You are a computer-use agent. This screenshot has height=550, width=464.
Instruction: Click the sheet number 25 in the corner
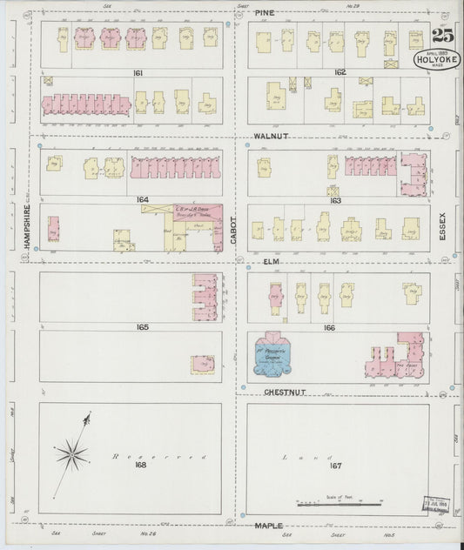(x=442, y=36)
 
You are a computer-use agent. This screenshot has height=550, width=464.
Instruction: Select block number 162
(x=340, y=73)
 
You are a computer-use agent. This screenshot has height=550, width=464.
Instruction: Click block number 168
(x=142, y=465)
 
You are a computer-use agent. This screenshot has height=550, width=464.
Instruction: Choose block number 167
(x=336, y=466)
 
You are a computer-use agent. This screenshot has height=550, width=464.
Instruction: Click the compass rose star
(x=71, y=453)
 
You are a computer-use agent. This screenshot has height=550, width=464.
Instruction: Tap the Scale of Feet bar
(x=339, y=504)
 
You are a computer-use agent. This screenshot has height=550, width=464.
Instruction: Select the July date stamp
(x=439, y=504)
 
